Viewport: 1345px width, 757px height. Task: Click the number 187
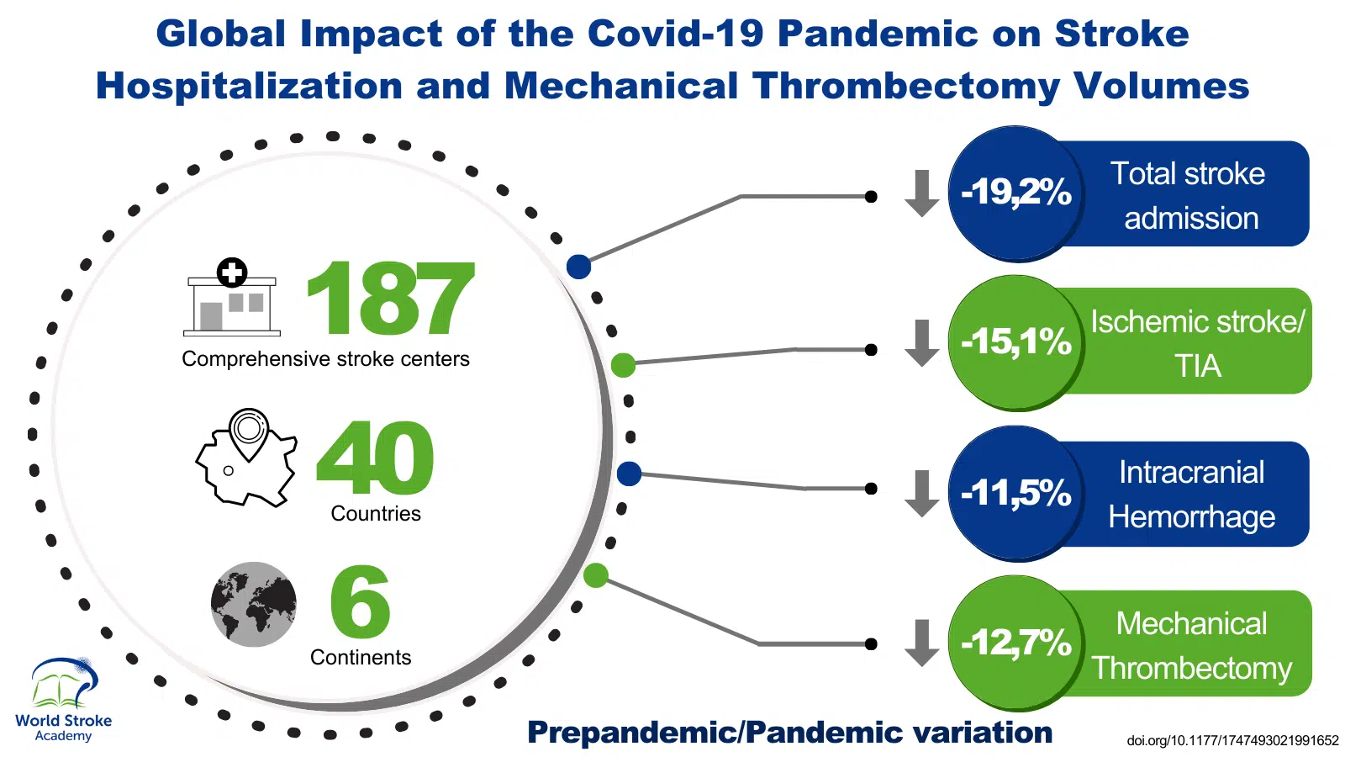coord(390,298)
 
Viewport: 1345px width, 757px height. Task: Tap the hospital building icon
coord(232,299)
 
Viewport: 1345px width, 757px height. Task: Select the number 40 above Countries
coord(375,458)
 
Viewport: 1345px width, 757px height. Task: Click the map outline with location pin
coord(246,458)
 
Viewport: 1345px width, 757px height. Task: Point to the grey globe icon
coord(254,604)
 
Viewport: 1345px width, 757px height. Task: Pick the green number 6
coord(360,602)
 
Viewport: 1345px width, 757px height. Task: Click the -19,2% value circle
coord(1015,193)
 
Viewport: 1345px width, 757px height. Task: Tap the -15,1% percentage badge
coord(1015,342)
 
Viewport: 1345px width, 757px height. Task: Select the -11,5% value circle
coord(1015,493)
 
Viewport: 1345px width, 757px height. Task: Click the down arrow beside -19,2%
coord(922,193)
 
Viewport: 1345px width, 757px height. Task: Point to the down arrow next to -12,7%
coord(922,643)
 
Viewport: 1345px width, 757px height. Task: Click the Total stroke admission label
coord(1189,195)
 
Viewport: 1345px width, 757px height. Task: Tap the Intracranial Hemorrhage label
coord(1191,495)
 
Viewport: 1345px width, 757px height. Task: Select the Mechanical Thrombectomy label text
coord(1191,645)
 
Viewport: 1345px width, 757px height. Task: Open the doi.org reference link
coord(1232,741)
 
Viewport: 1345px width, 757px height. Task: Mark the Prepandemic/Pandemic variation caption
coord(789,733)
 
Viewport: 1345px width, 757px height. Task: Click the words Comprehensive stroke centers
coord(325,359)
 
